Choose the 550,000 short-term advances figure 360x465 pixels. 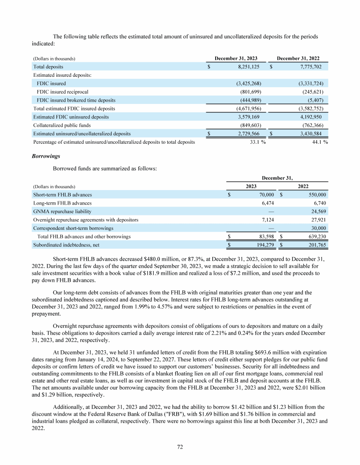316,194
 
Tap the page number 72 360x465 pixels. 180,446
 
